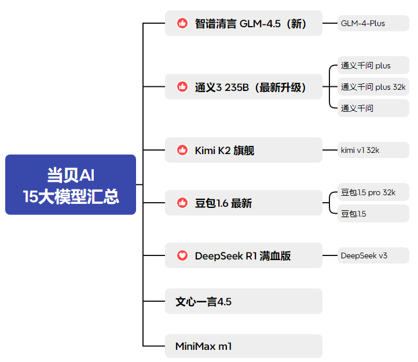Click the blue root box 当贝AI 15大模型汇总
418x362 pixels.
click(71, 185)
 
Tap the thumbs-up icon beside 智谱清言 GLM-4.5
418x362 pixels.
click(182, 24)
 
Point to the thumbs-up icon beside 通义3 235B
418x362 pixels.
click(182, 87)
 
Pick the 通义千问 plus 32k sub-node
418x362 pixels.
click(373, 87)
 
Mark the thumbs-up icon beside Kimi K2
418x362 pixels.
click(182, 151)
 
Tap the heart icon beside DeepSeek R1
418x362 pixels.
click(182, 255)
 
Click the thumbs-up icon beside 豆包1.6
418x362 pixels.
click(182, 203)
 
